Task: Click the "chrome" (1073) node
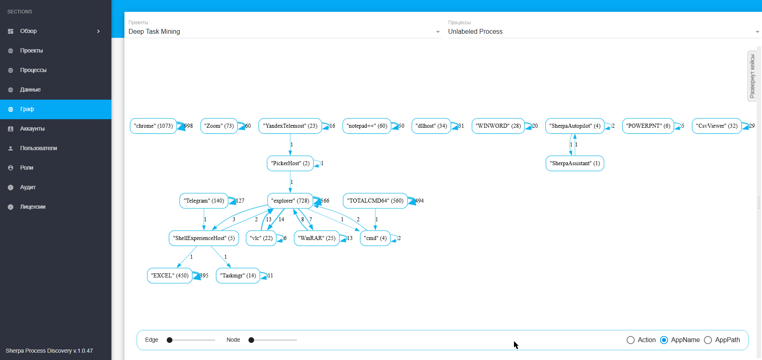click(153, 126)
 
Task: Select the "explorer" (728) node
click(290, 201)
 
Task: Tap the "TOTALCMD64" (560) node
click(375, 201)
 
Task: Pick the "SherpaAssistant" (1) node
click(575, 164)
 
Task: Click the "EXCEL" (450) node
click(170, 276)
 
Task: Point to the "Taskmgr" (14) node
click(238, 276)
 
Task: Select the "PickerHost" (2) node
click(290, 164)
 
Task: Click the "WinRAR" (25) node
click(317, 238)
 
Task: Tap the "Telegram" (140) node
click(204, 201)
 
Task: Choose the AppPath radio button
click(708, 340)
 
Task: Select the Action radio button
click(631, 340)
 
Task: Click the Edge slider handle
click(170, 340)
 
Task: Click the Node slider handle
click(251, 340)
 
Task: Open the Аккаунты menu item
click(33, 129)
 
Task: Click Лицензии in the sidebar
click(33, 207)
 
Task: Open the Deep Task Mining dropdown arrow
click(438, 32)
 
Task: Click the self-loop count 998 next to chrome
click(189, 126)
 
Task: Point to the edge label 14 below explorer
click(281, 220)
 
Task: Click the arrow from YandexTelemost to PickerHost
click(290, 144)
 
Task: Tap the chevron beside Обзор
click(98, 31)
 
